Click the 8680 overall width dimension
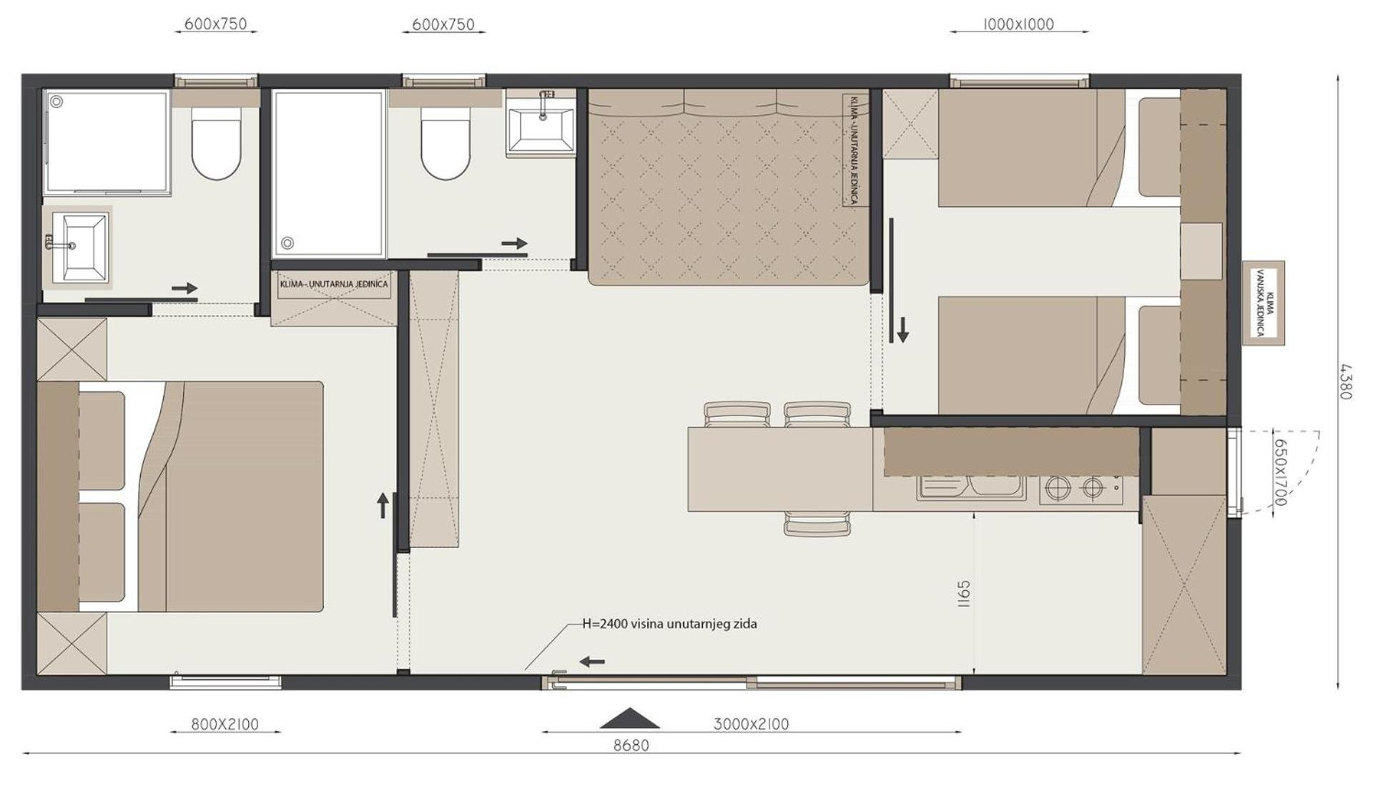pyautogui.click(x=631, y=746)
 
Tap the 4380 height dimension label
pyautogui.click(x=1345, y=382)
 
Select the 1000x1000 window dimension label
pyautogui.click(x=1018, y=24)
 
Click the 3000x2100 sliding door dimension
pyautogui.click(x=751, y=724)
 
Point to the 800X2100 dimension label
pyautogui.click(x=225, y=724)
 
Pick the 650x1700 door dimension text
pyautogui.click(x=1280, y=471)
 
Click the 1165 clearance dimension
pyautogui.click(x=963, y=594)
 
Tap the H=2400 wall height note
pyautogui.click(x=669, y=624)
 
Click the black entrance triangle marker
pyautogui.click(x=629, y=718)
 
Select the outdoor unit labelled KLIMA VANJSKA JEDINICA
pyautogui.click(x=1264, y=303)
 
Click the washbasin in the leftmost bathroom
pyautogui.click(x=82, y=247)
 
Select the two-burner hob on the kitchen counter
pyautogui.click(x=1081, y=489)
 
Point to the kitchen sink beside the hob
pyautogui.click(x=969, y=487)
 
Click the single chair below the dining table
pyautogui.click(x=817, y=524)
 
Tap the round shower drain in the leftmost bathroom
pyautogui.click(x=56, y=102)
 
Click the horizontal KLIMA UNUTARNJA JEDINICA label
pyautogui.click(x=334, y=284)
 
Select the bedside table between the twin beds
pyautogui.click(x=1201, y=251)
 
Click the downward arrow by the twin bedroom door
pyautogui.click(x=902, y=331)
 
